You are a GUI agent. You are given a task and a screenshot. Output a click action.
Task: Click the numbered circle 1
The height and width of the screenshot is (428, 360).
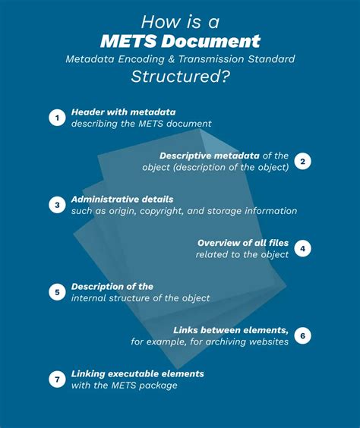(57, 118)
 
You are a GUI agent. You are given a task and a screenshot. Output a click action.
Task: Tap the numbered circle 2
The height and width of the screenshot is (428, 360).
(302, 161)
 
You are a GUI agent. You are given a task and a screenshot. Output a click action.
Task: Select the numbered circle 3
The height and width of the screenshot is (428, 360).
(57, 205)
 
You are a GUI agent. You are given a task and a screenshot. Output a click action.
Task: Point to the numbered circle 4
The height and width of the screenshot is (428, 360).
(302, 248)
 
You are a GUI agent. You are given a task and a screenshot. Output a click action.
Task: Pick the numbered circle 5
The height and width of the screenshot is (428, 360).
(57, 292)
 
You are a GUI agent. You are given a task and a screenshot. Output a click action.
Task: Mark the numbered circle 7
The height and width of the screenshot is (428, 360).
(57, 379)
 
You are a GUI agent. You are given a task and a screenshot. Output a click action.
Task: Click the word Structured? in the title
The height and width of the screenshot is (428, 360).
(180, 75)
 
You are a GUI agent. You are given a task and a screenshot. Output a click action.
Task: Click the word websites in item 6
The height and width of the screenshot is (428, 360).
(266, 342)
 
